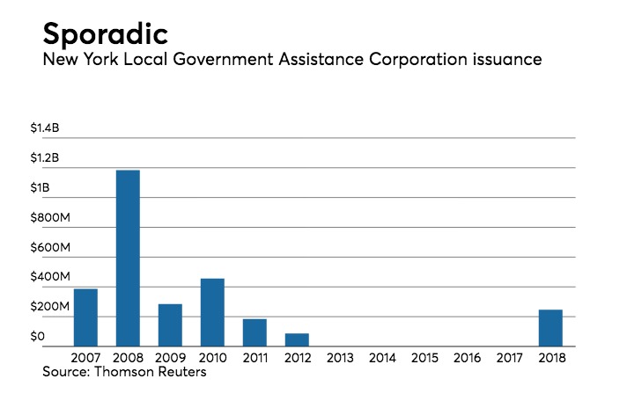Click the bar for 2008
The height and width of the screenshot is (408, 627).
point(128,258)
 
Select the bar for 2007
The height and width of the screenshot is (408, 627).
point(85,317)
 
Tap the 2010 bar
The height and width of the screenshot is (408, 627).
point(212,312)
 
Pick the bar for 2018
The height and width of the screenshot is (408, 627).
point(550,328)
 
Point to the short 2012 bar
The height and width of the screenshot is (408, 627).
point(297,339)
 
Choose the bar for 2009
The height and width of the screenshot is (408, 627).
point(170,324)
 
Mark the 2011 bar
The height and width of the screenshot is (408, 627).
point(254,332)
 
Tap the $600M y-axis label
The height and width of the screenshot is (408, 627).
point(48,248)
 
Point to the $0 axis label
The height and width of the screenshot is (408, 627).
point(36,337)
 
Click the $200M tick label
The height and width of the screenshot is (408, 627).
point(48,307)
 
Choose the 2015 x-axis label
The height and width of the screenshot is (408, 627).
point(424,360)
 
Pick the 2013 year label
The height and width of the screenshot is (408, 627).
point(339,360)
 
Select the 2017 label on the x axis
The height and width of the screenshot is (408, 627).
point(508,360)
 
